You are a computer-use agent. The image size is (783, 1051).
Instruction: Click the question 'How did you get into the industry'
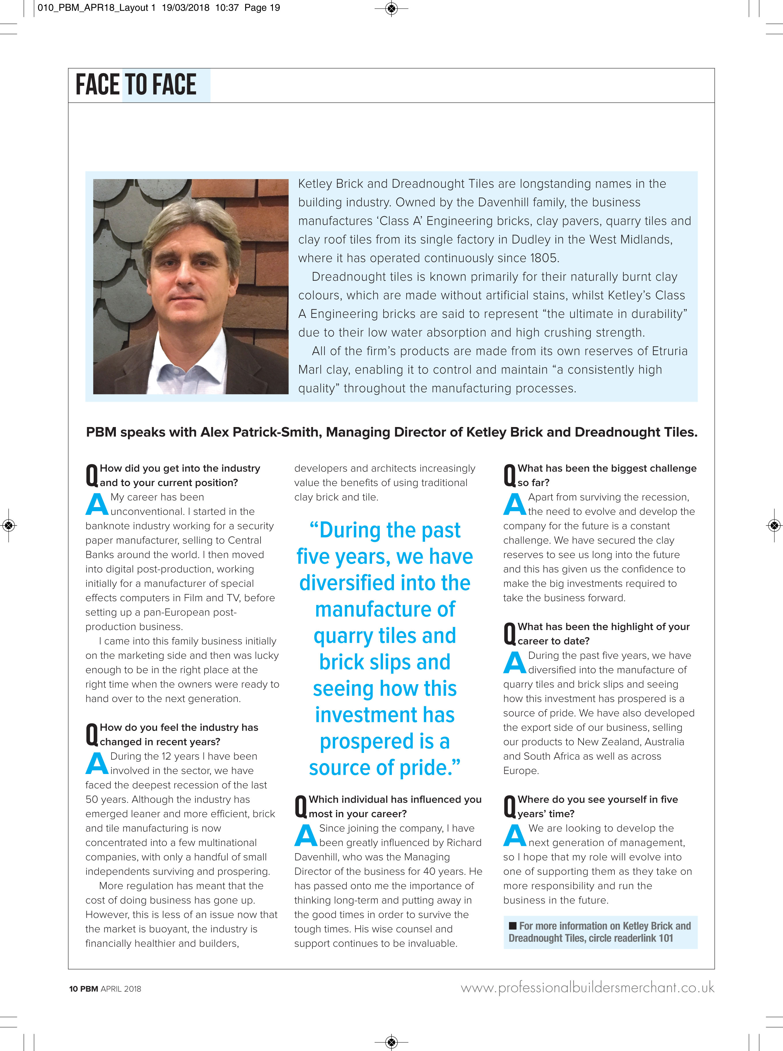pos(180,468)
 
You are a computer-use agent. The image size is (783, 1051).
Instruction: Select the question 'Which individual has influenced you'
pos(395,800)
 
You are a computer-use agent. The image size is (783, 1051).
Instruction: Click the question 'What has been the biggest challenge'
pos(607,468)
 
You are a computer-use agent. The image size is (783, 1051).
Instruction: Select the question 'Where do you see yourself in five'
pos(597,800)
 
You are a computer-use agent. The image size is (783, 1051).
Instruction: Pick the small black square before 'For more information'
pos(512,925)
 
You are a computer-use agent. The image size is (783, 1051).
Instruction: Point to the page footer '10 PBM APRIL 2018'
pos(105,989)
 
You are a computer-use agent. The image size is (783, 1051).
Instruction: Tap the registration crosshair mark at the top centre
pos(391,8)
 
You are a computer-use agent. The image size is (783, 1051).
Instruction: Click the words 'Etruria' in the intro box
pos(669,351)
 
